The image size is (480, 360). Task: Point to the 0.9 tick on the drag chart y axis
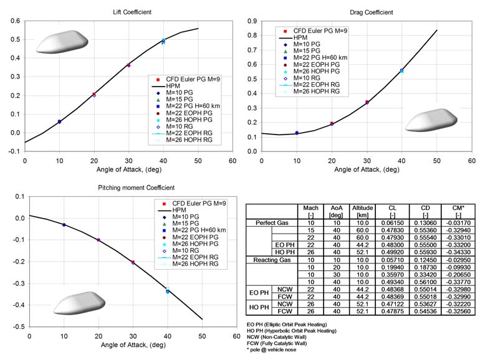(252, 21)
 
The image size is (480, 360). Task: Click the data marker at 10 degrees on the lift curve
(59, 121)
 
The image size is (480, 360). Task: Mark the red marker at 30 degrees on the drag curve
(367, 102)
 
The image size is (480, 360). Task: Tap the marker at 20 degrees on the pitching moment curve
(98, 240)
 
